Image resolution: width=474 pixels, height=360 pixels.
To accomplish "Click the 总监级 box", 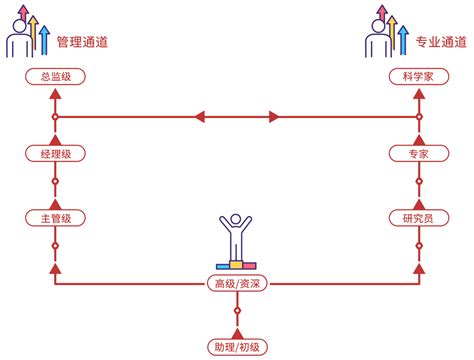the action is (55, 77).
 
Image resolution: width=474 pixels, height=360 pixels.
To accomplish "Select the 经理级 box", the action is (55, 154).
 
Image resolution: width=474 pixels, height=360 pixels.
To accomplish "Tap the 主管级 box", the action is (55, 218).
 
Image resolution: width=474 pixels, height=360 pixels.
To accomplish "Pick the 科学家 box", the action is (419, 77).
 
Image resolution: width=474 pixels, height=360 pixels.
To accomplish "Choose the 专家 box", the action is (419, 154).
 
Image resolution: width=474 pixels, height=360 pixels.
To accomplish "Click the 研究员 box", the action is (419, 218).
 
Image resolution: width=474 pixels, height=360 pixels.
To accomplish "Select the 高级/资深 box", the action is (237, 284).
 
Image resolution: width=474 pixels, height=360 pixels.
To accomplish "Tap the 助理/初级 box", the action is (237, 347).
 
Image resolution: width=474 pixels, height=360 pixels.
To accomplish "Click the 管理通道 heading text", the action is (82, 42).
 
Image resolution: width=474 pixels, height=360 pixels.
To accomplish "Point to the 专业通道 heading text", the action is (441, 42).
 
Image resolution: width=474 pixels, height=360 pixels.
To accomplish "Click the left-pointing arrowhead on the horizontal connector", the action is (200, 117).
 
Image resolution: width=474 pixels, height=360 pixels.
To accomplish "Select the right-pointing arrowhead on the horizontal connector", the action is (274, 117).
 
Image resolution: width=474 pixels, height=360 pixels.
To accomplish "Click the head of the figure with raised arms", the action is (236, 219).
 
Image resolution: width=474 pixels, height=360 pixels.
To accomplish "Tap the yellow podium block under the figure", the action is (236, 265).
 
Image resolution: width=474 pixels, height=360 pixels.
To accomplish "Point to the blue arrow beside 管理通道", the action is (44, 40).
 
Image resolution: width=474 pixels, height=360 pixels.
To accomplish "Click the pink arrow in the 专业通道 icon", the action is (382, 13).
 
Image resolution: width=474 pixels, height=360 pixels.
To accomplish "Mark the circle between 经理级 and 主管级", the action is (55, 181).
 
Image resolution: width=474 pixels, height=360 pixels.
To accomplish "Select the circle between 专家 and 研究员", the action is (419, 181).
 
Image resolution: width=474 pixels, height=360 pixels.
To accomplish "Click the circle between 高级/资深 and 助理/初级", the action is (237, 311).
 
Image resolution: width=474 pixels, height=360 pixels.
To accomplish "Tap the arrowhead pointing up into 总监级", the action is (55, 94).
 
